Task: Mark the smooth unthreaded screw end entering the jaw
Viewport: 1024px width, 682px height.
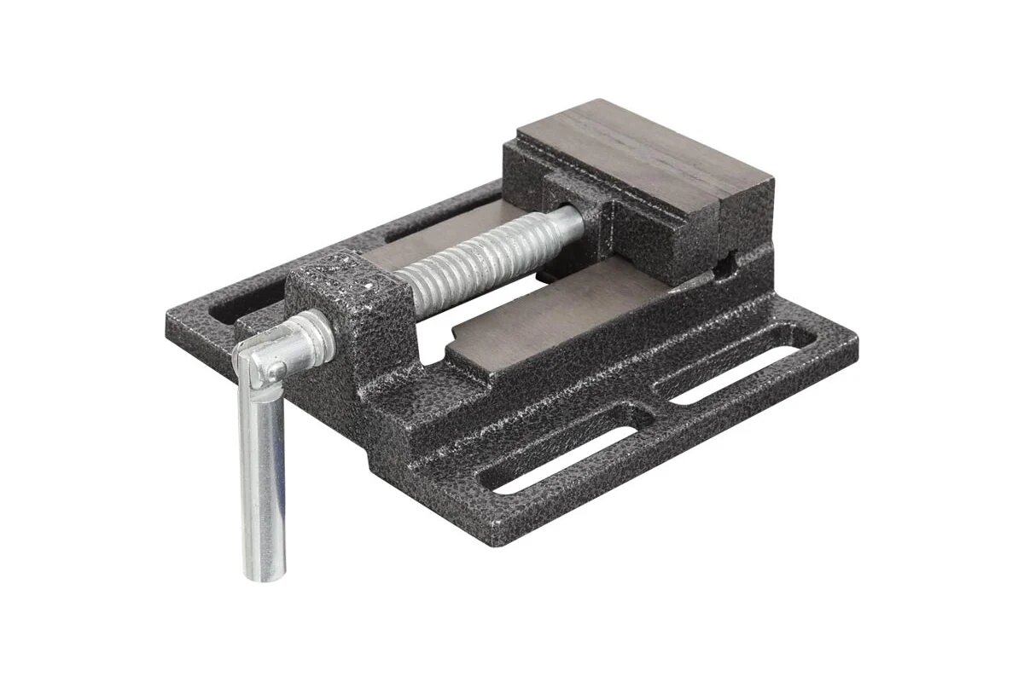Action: tap(567, 221)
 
